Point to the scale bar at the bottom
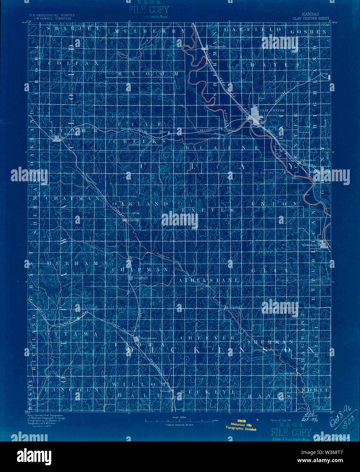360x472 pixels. tap(180, 421)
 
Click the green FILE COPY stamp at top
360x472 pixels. tap(149, 9)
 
